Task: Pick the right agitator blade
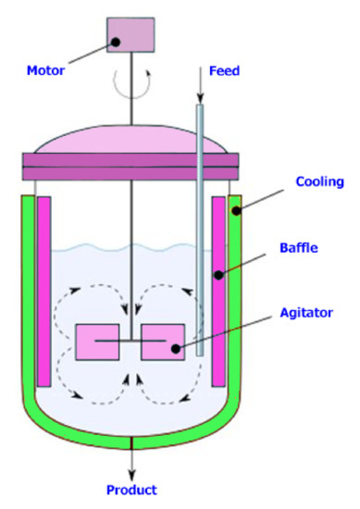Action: tap(163, 345)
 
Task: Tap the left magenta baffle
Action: tap(43, 291)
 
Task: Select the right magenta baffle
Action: tap(219, 291)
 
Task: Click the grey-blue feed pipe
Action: tap(200, 213)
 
